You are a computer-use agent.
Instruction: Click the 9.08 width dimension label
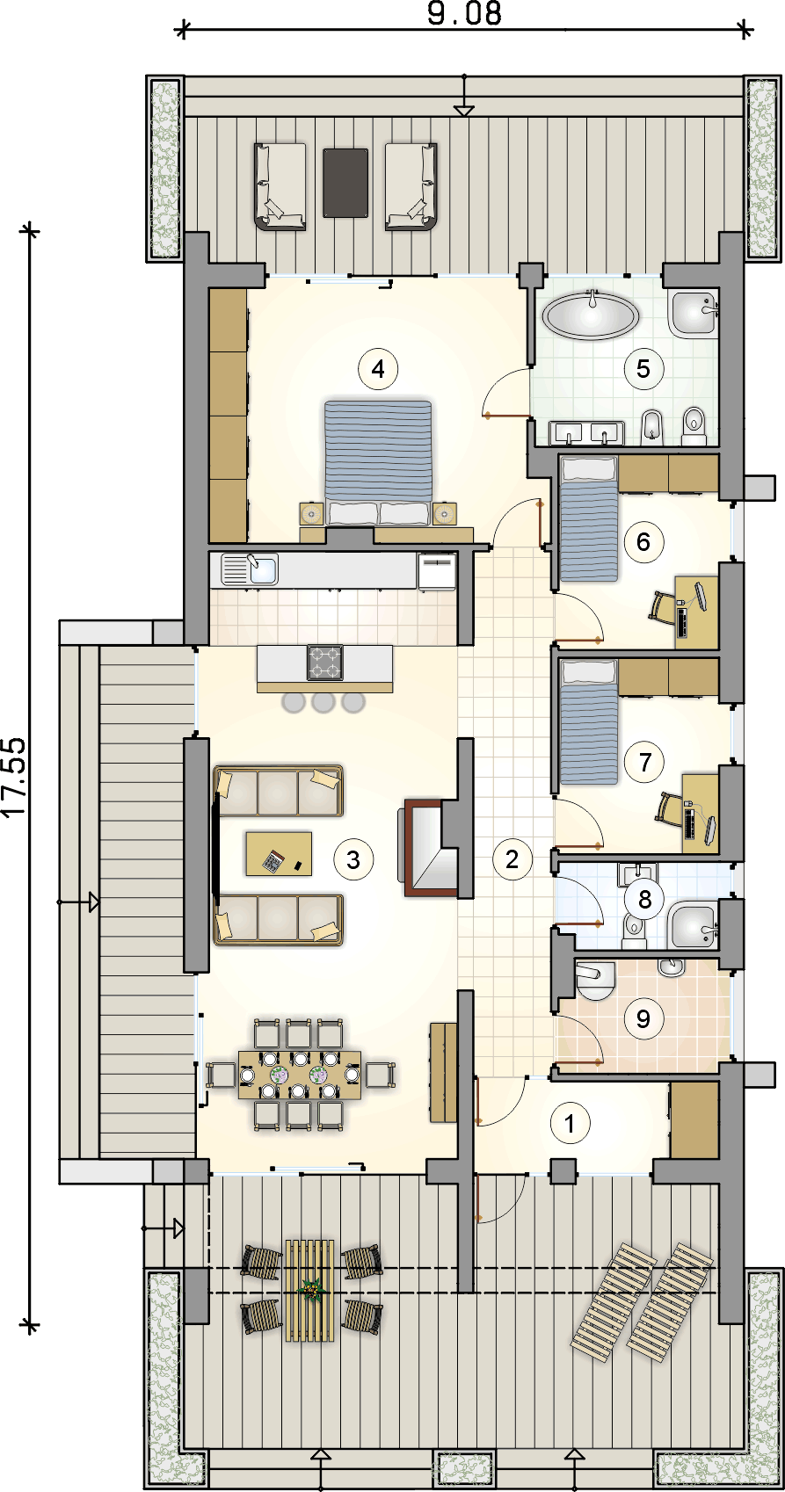(464, 14)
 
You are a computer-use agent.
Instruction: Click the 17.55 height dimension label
(14, 776)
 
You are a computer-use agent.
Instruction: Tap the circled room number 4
(378, 369)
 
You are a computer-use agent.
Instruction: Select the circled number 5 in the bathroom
(643, 369)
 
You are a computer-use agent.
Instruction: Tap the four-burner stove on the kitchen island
(325, 662)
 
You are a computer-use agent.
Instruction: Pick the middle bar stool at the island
(323, 701)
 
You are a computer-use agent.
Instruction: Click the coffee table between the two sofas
(279, 853)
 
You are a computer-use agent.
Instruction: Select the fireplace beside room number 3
(428, 847)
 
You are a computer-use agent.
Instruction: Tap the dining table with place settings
(300, 1075)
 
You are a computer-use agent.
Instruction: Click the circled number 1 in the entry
(570, 1124)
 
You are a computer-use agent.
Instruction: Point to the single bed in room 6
(588, 518)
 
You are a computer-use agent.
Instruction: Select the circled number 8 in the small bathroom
(644, 899)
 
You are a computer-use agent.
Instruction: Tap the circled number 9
(643, 1018)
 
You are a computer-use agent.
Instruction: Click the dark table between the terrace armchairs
(345, 183)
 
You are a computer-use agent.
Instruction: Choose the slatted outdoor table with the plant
(309, 1290)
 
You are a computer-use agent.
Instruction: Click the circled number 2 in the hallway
(512, 859)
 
